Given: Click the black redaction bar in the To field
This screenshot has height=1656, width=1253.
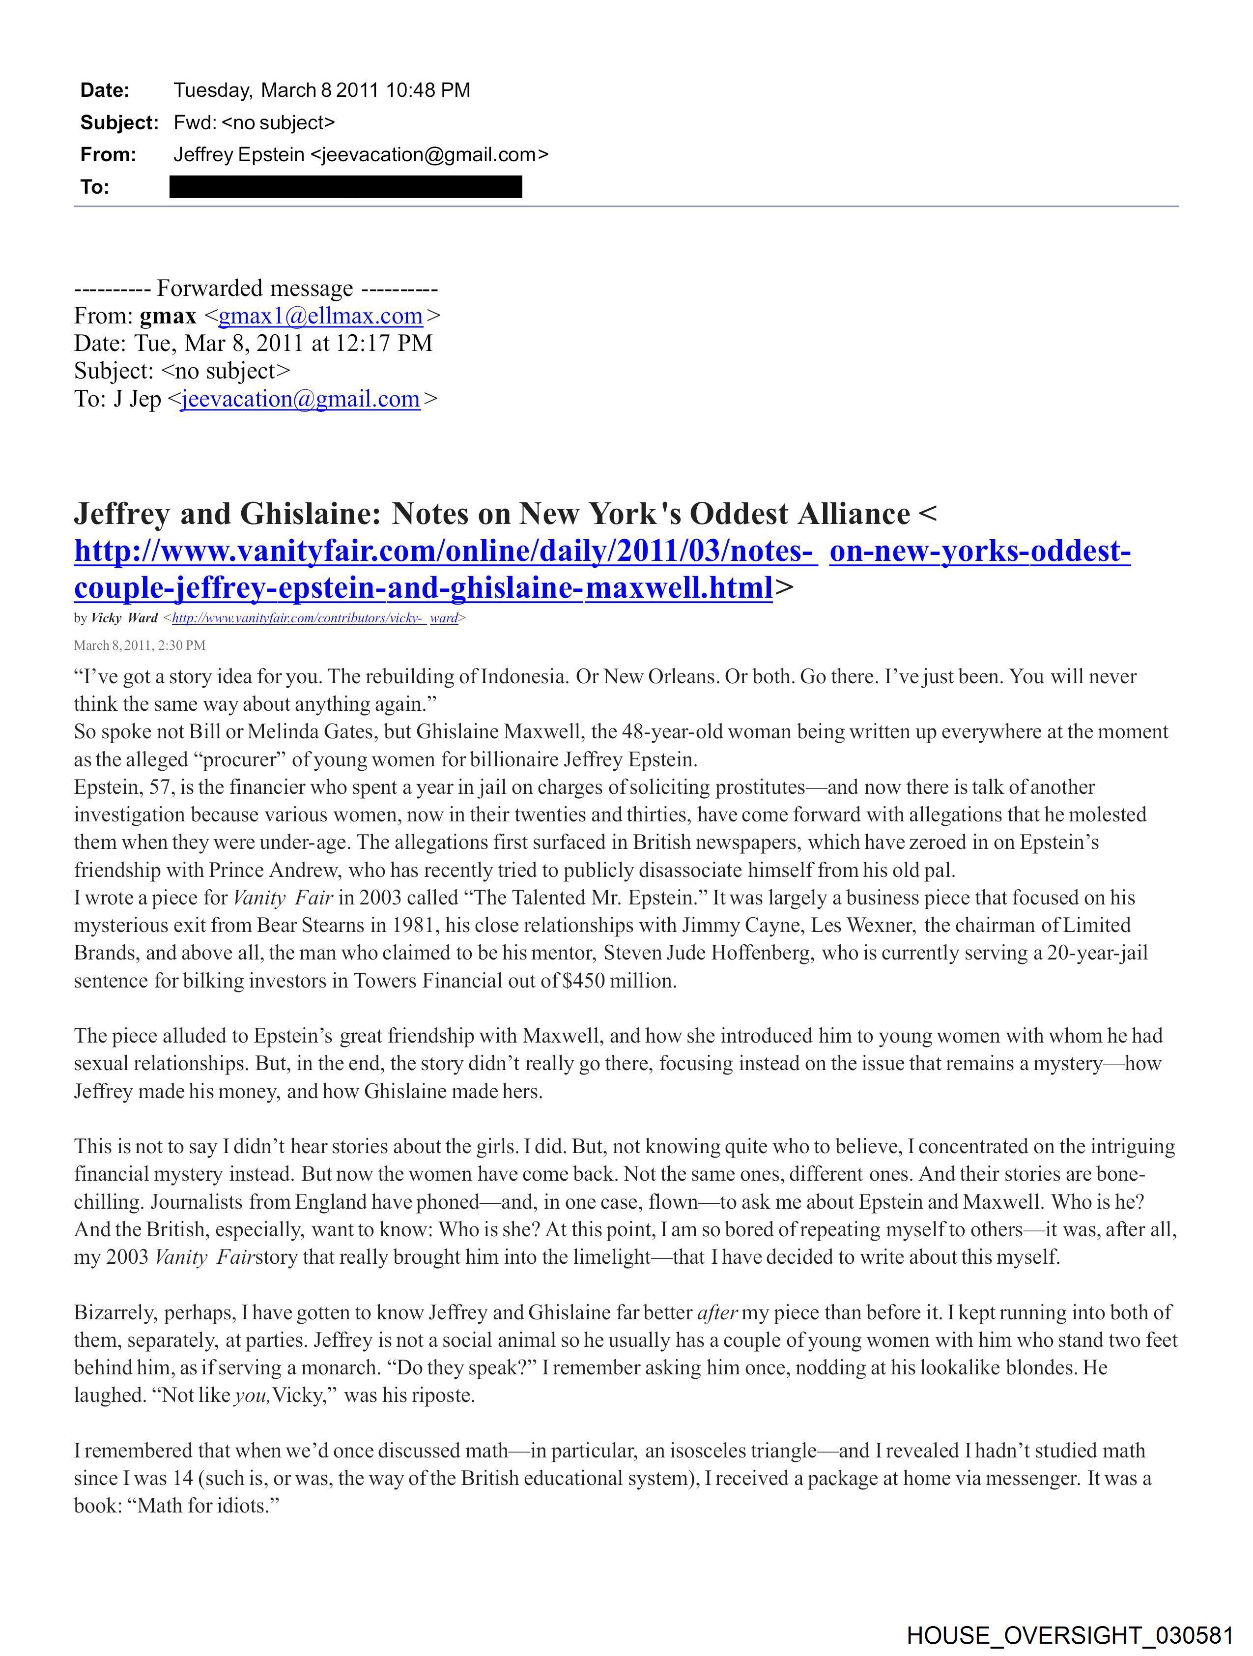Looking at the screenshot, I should tap(346, 186).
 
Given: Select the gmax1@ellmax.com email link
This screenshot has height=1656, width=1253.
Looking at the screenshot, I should tap(320, 316).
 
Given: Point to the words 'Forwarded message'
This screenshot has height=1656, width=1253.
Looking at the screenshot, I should tap(255, 288).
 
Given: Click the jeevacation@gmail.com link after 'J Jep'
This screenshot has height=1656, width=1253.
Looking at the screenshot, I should tap(300, 399).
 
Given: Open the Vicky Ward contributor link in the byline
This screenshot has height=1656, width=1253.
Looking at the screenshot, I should tap(314, 618).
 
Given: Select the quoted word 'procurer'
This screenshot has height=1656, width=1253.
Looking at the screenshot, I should tap(238, 760).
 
